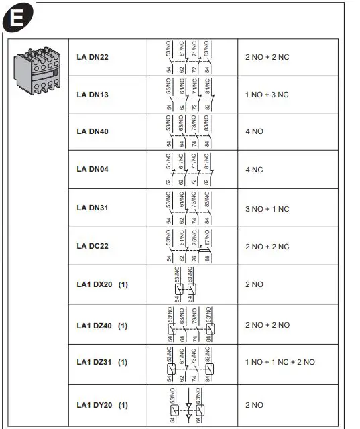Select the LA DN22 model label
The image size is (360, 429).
pos(93,57)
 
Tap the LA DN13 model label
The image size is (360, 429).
pos(93,95)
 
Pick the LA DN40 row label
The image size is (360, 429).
pos(93,131)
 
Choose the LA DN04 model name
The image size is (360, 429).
pos(93,169)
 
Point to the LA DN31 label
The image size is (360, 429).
pos(93,208)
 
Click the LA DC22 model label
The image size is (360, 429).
pos(93,247)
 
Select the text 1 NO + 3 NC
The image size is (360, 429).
pos(267,95)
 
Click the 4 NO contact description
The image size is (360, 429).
pos(255,131)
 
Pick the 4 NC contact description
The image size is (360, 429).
pos(255,169)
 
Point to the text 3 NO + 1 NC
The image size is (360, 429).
pos(267,208)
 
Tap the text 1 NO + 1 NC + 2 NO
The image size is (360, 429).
pos(280,362)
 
